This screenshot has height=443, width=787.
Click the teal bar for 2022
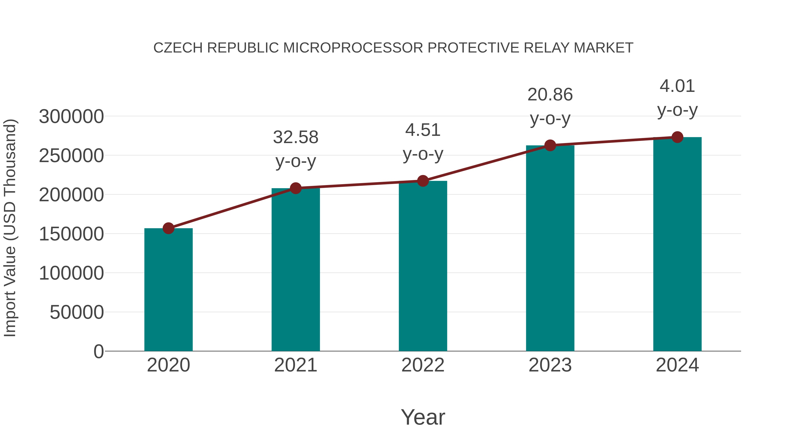423,266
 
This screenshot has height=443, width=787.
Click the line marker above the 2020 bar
168,228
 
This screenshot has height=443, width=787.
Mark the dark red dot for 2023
550,145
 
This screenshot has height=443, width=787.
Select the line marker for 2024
677,137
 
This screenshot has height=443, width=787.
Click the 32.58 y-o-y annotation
295,149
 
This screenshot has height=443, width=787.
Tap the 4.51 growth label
423,142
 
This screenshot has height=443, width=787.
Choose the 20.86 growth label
550,106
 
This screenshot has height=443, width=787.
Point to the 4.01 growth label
677,98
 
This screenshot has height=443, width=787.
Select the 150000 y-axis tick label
71,234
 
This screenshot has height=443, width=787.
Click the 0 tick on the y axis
98,351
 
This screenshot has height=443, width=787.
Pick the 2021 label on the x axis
295,365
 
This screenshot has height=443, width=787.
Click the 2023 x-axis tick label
550,365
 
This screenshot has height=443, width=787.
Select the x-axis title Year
423,417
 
